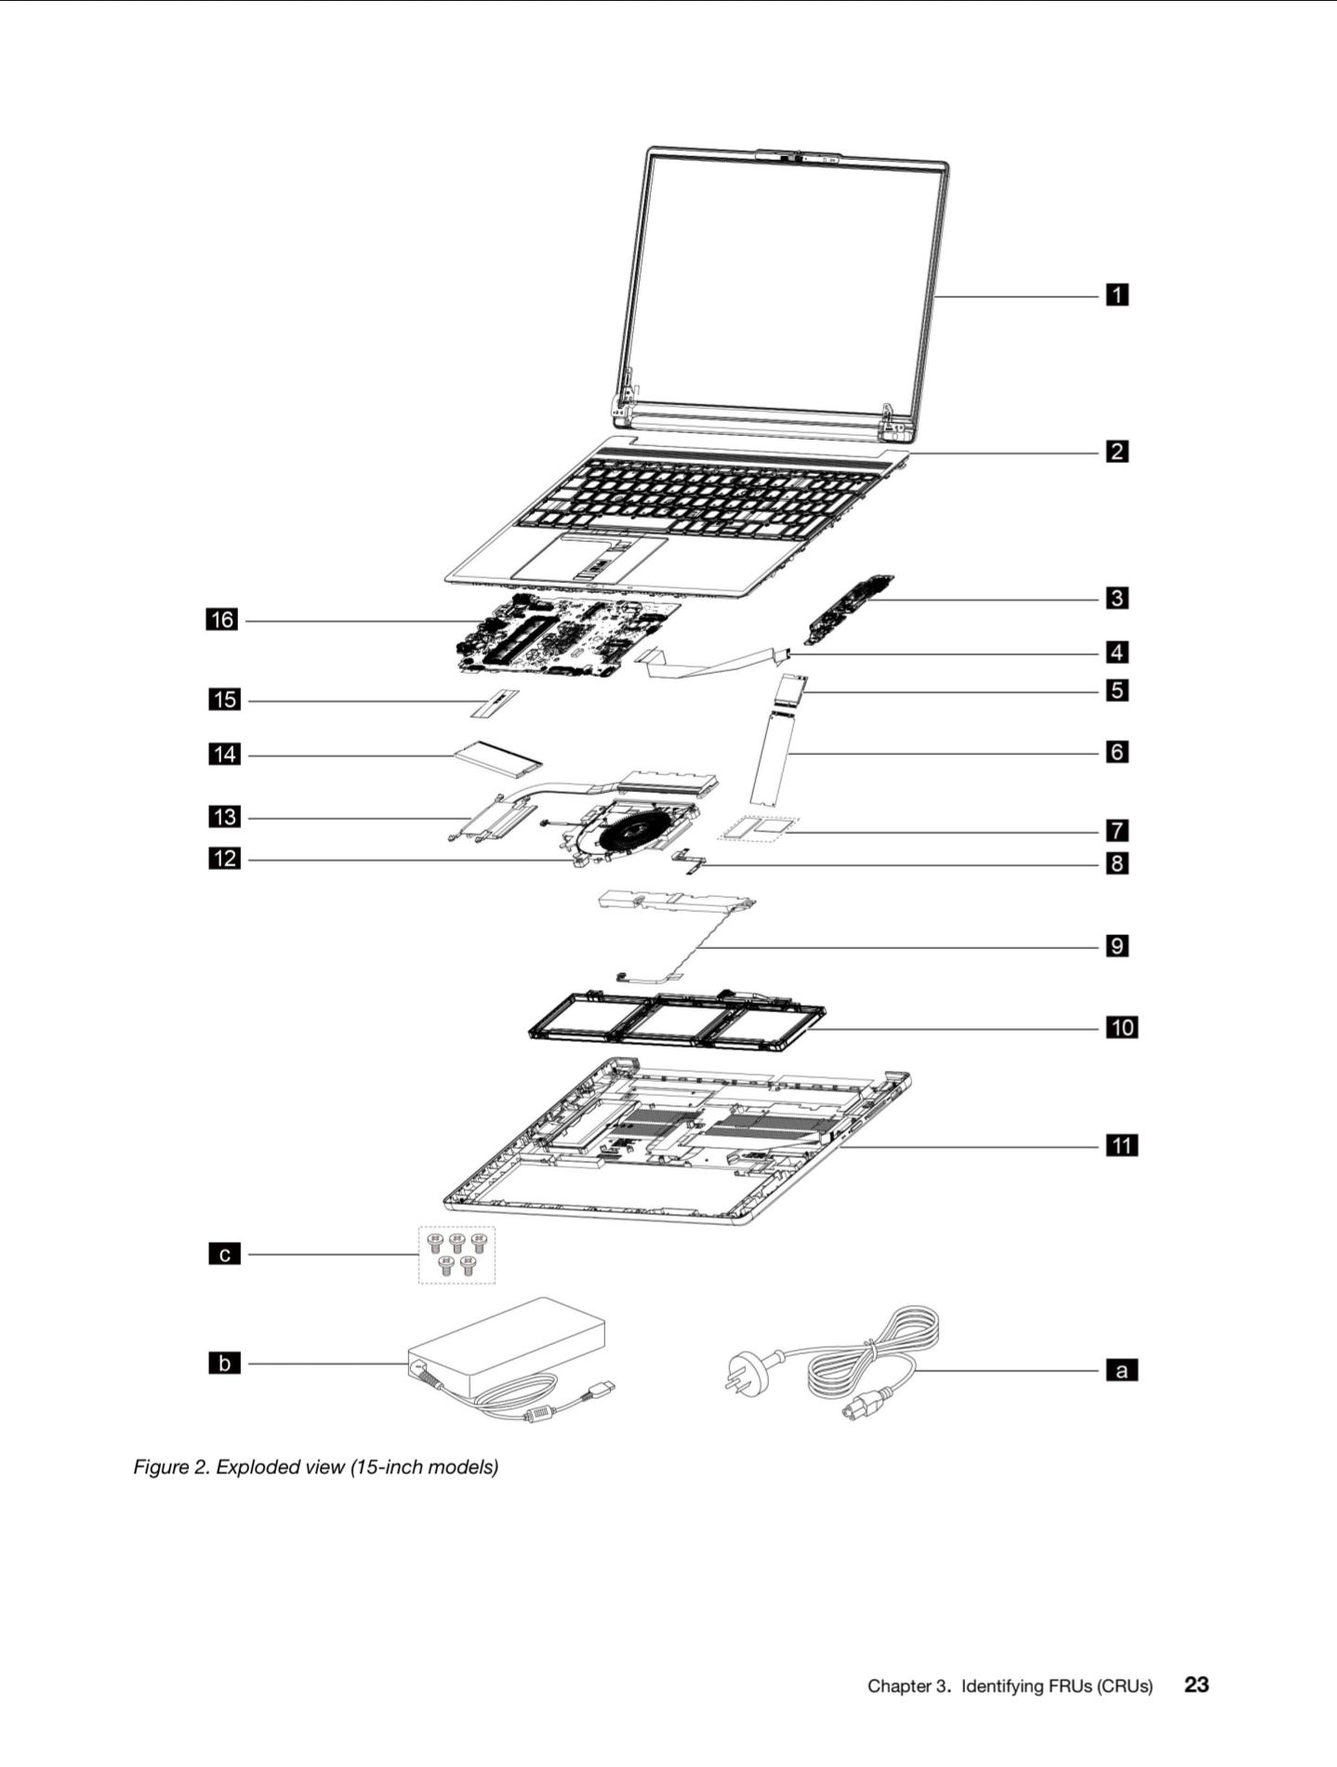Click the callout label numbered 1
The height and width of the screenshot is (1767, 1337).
[1117, 296]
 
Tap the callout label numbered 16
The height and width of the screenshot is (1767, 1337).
[221, 619]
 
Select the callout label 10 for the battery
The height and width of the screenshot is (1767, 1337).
[1121, 1027]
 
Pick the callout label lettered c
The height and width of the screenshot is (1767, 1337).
[224, 1255]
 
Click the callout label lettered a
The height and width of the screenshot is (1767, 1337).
[1121, 1370]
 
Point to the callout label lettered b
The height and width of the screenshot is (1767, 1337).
[224, 1364]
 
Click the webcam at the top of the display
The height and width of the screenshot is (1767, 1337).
[798, 156]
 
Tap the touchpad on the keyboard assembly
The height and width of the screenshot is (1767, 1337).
[589, 558]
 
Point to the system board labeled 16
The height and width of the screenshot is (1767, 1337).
[567, 638]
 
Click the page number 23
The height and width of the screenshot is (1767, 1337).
[1197, 1684]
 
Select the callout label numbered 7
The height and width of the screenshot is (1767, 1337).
[1117, 829]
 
